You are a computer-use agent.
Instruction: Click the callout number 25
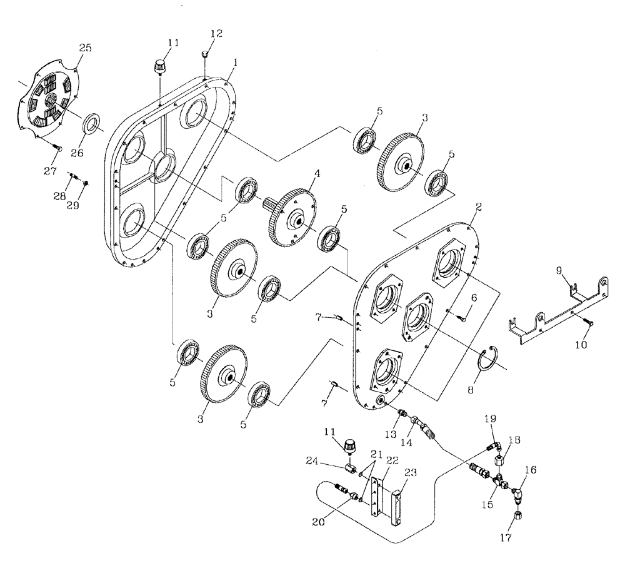[85, 48]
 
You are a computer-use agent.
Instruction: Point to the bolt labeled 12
[206, 58]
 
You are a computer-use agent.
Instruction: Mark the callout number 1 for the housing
[236, 63]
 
